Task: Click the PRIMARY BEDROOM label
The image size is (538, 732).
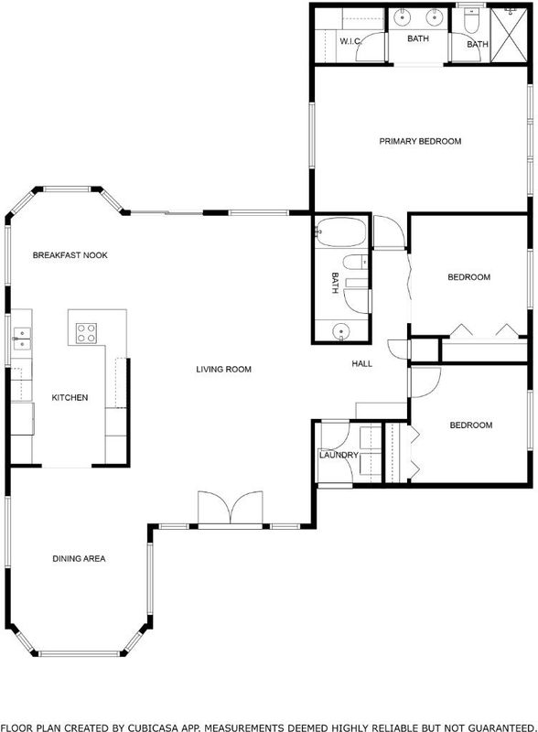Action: [x=420, y=141]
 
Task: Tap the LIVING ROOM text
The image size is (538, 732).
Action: [x=223, y=370]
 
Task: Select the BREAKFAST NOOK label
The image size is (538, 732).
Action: [x=70, y=255]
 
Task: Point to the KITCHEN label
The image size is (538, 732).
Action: [x=70, y=398]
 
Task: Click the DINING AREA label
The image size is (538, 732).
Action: [x=79, y=558]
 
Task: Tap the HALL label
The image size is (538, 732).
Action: [x=362, y=363]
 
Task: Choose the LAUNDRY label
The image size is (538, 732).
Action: [x=339, y=455]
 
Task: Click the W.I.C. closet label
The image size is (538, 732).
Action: [x=350, y=41]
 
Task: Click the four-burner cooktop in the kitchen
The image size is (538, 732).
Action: [x=86, y=333]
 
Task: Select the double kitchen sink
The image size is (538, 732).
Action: [x=21, y=339]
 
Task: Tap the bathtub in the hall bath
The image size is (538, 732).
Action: [x=341, y=231]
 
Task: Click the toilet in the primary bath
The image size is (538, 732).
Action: [x=471, y=20]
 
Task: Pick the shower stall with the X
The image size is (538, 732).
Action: [x=509, y=35]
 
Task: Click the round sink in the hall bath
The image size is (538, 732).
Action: [x=341, y=332]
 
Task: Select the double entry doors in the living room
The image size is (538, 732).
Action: [x=231, y=508]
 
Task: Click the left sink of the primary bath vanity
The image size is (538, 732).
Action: [x=401, y=17]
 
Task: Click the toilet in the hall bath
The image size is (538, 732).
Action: [x=356, y=263]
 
